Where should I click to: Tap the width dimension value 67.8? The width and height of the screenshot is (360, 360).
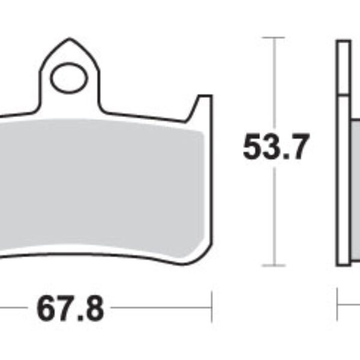tap(71, 310)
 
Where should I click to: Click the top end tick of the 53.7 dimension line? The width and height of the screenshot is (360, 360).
tap(274, 38)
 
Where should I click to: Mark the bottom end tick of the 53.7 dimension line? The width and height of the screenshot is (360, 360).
tap(274, 265)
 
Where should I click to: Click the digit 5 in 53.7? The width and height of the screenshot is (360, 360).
tap(253, 148)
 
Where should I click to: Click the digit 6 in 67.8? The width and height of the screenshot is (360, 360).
tap(47, 310)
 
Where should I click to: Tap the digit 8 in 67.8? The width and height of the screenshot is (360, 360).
tap(94, 310)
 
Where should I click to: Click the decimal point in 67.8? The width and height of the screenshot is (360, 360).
tap(80, 319)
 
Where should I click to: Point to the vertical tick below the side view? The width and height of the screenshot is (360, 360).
tap(338, 307)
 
